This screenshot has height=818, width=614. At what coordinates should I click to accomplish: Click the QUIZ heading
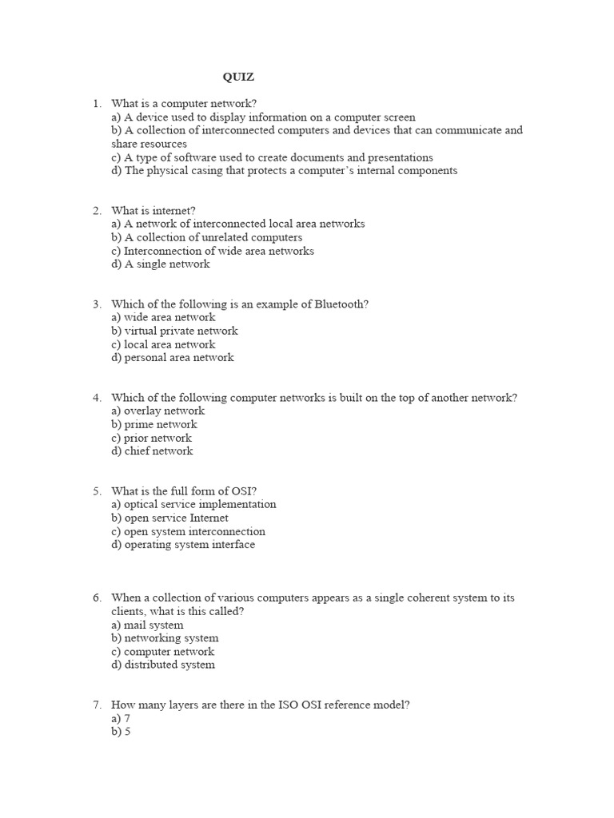[x=238, y=77]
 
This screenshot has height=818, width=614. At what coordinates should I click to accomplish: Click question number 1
[x=96, y=104]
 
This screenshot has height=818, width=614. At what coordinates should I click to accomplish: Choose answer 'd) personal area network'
[x=173, y=358]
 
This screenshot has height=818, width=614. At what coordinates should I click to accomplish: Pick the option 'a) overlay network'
[x=158, y=411]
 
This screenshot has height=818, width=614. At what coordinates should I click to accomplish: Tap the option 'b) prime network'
[x=154, y=424]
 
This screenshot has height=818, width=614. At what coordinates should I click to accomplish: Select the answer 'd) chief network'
[x=153, y=451]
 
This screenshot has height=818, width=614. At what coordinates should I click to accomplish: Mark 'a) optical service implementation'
[x=193, y=505]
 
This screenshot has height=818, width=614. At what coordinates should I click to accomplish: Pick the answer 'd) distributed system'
[x=163, y=665]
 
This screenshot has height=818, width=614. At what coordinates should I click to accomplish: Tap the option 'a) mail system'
[x=147, y=625]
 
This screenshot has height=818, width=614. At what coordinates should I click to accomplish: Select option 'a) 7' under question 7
[x=121, y=719]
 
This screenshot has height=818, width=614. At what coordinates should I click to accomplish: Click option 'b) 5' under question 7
[x=121, y=732]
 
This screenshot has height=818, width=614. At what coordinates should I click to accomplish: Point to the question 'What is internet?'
[x=153, y=211]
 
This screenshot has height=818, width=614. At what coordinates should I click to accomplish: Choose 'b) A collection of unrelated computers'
[x=207, y=238]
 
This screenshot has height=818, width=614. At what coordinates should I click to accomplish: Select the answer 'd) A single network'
[x=161, y=264]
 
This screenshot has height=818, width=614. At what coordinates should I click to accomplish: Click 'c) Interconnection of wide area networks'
[x=213, y=251]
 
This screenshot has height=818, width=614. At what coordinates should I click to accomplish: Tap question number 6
[x=96, y=598]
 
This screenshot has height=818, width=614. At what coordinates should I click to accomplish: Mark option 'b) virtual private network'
[x=174, y=331]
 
